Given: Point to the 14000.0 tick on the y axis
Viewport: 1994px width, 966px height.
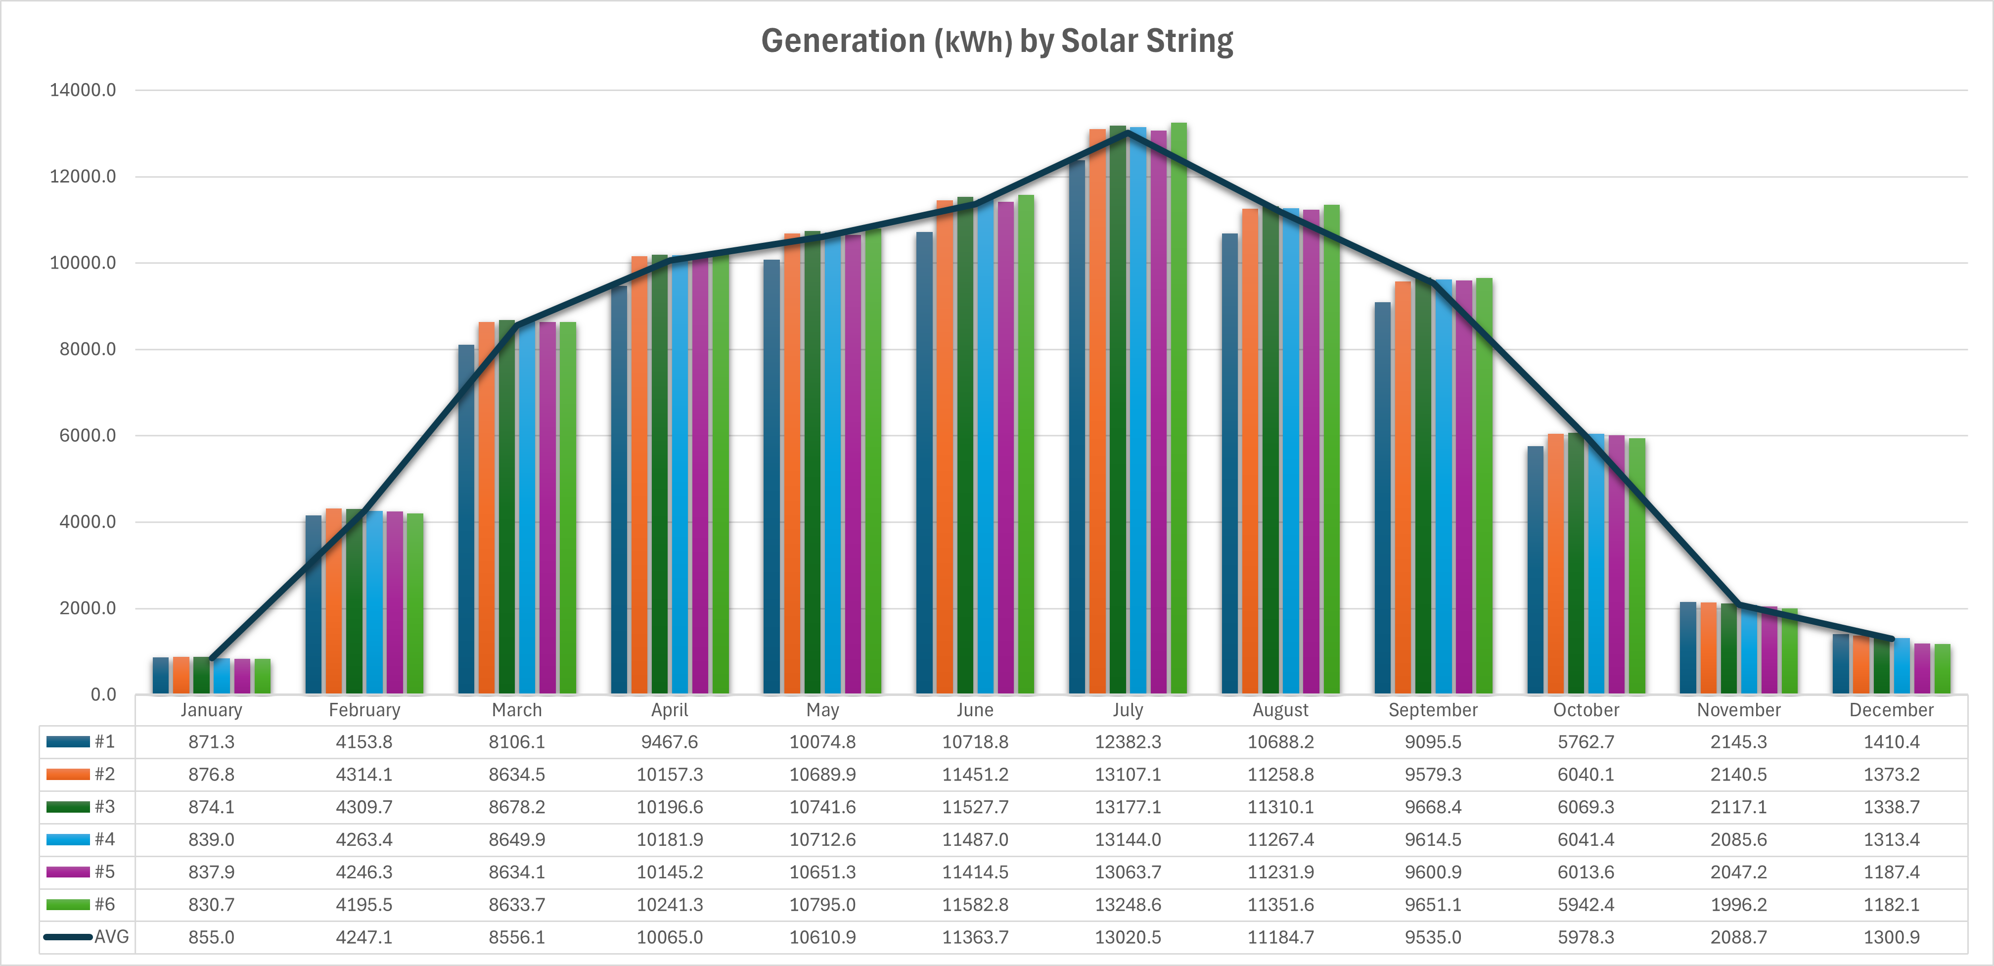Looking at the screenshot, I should point(83,91).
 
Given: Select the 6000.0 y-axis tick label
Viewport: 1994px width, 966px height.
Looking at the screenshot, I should point(87,436).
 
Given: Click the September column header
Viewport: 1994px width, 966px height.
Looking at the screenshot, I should point(1433,710).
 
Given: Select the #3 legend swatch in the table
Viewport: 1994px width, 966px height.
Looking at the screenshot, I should point(68,807).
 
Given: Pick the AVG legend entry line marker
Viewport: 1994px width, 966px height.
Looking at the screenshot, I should point(68,937).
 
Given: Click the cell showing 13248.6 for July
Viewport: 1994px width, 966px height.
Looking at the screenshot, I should point(1128,905).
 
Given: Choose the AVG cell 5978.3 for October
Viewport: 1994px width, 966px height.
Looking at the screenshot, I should point(1586,937).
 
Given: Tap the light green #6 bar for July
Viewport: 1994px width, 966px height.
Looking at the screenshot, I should point(1178,410).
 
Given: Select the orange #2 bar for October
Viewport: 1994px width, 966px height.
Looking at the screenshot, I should point(1555,565).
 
